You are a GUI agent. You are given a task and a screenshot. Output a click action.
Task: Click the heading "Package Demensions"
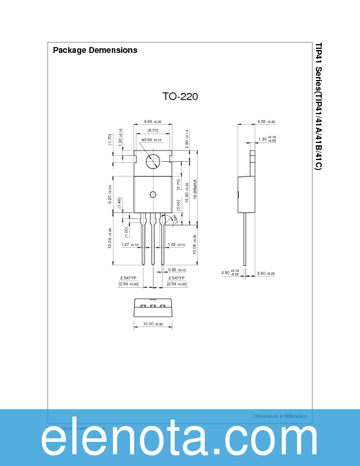pyautogui.click(x=95, y=50)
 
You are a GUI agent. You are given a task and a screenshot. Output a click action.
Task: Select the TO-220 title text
pyautogui.click(x=180, y=96)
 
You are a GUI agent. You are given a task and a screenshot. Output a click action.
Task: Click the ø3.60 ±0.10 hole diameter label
pyautogui.click(x=151, y=139)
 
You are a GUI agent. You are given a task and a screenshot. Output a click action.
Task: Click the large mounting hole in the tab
pyautogui.click(x=153, y=161)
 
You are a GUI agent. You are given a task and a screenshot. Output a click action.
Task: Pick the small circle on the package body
pyautogui.click(x=153, y=195)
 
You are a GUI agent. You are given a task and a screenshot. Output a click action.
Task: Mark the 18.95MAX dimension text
pyautogui.click(x=195, y=191)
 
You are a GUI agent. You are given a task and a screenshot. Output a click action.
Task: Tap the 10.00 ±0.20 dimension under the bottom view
pyautogui.click(x=152, y=324)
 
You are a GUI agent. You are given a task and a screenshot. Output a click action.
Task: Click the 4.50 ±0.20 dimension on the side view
pyautogui.click(x=266, y=122)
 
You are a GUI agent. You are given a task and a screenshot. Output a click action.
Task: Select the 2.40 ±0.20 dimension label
pyautogui.click(x=266, y=274)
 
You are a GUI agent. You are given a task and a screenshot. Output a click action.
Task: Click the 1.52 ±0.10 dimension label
pyautogui.click(x=176, y=244)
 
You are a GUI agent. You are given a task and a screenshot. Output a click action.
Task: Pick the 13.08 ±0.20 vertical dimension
pyautogui.click(x=109, y=238)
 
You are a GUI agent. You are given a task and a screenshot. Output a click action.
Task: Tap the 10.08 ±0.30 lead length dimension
pyautogui.click(x=195, y=244)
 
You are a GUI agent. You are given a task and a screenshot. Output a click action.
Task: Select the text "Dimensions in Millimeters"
pyautogui.click(x=280, y=416)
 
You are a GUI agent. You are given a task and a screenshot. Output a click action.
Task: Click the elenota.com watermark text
pyautogui.click(x=179, y=439)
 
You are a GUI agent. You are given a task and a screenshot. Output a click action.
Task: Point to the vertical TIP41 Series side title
pyautogui.click(x=318, y=106)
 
